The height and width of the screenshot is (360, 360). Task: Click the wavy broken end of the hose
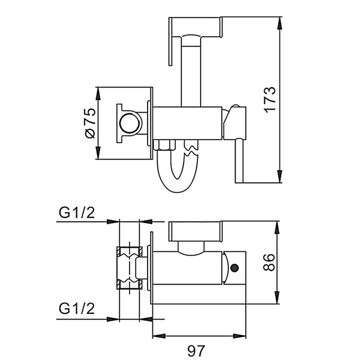(x=190, y=147)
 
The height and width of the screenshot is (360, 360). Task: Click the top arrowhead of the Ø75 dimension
(x=99, y=90)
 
